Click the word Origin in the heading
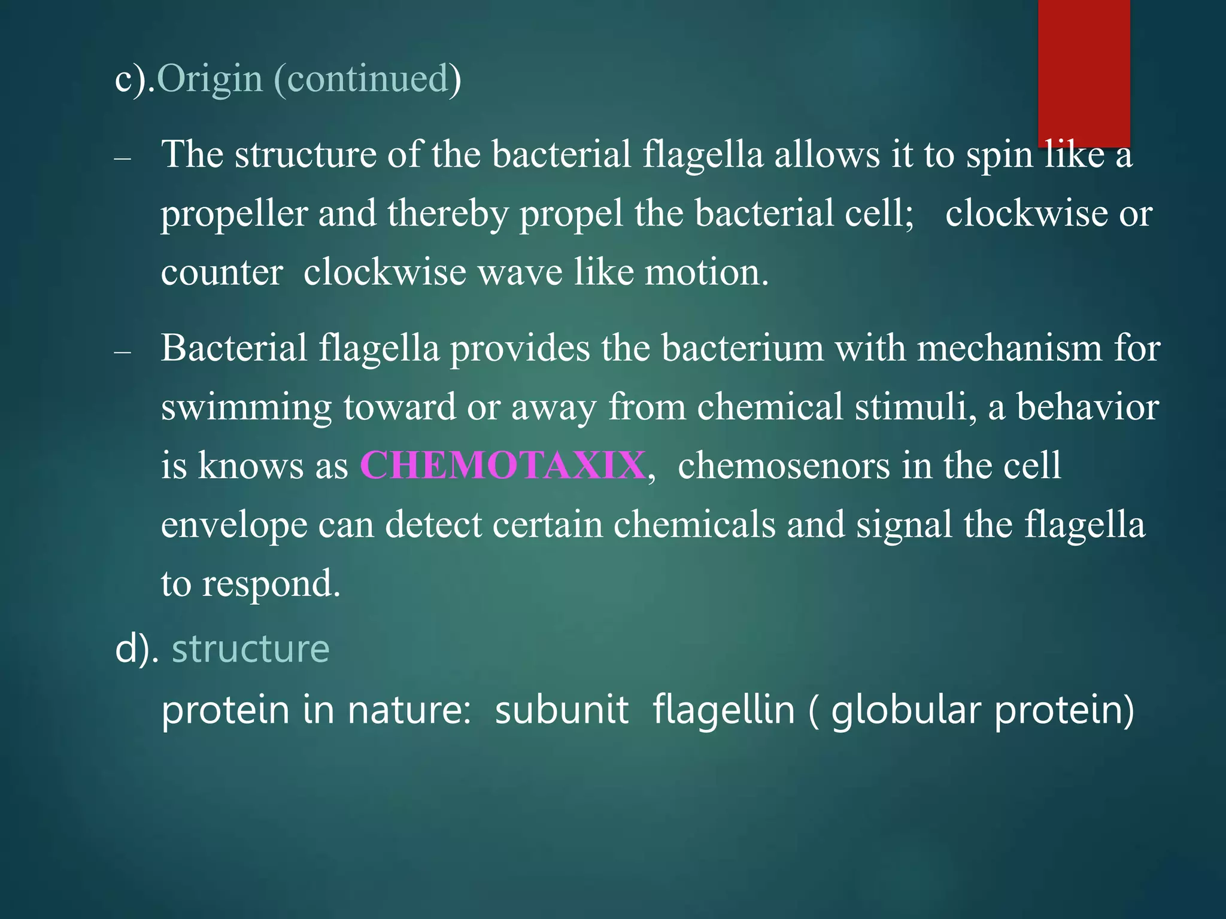click(210, 79)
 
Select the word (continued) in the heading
click(368, 79)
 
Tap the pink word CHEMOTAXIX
click(503, 465)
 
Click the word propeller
click(234, 214)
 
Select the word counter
click(221, 273)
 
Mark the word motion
click(706, 273)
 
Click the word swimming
click(246, 407)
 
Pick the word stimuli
click(916, 407)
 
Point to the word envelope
click(234, 525)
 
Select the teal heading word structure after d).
click(250, 649)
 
